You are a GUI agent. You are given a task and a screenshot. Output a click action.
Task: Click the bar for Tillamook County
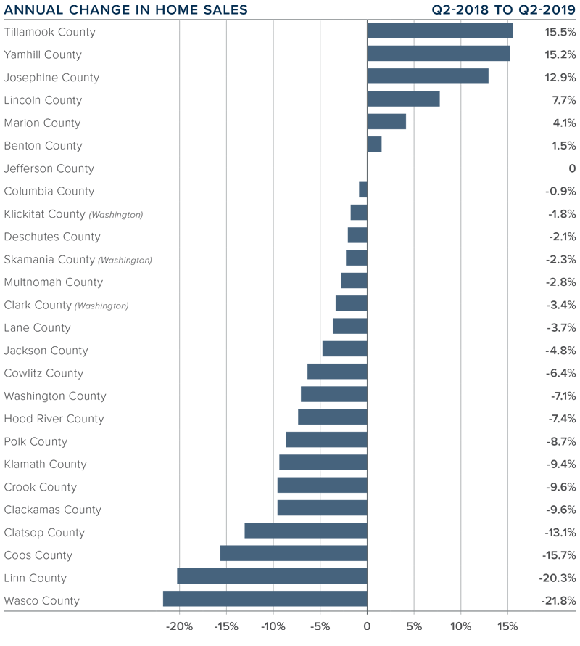[440, 30]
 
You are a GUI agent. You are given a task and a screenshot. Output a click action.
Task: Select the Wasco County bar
[265, 599]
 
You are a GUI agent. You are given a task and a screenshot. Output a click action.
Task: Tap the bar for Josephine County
[428, 76]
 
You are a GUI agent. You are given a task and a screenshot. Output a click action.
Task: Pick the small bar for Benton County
[375, 144]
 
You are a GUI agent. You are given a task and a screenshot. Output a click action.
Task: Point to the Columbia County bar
[363, 190]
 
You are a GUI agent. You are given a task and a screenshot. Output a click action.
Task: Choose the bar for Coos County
[294, 553]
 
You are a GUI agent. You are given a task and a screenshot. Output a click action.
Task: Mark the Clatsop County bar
[306, 531]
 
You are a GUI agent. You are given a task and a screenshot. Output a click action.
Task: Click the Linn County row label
[35, 578]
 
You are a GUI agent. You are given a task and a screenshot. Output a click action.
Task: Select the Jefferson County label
[49, 168]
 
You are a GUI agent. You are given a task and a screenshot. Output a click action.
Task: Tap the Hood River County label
[54, 419]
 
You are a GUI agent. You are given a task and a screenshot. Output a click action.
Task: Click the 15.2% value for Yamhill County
[560, 54]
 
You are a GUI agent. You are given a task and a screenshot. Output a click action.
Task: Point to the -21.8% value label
[558, 601]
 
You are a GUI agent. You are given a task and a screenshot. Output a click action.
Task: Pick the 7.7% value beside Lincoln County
[563, 100]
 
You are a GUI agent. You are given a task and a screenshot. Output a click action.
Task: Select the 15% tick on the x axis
[507, 626]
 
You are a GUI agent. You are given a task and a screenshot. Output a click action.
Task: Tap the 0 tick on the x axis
[367, 626]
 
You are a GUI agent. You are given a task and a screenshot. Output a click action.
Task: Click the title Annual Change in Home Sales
[125, 10]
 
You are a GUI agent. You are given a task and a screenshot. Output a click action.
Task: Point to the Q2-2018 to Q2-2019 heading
[504, 10]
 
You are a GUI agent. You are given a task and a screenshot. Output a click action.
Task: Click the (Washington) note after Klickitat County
[116, 215]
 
